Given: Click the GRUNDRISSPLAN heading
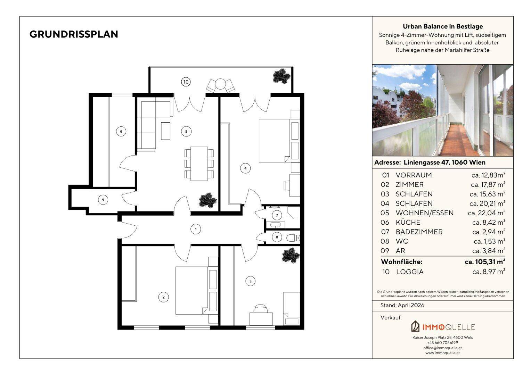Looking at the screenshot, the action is point(74,34).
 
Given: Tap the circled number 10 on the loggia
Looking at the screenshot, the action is point(186,82).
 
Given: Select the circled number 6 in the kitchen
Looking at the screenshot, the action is point(121,132).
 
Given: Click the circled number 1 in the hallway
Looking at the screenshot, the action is point(196,229).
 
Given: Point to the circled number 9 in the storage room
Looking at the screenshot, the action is point(103,200).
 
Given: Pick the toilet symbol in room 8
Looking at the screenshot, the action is point(293,237).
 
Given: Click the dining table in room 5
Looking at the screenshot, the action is point(199,164).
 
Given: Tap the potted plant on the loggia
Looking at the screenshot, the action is point(281,76).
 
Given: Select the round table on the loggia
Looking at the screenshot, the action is point(220,84).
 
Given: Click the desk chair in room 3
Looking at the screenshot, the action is point(261,309).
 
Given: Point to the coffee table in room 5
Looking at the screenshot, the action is point(166,131).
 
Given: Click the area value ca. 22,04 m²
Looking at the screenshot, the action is point(487,213).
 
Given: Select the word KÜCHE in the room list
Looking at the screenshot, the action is point(408,223).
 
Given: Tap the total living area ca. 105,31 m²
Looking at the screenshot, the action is point(485,262).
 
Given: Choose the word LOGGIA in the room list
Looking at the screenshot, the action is point(410,272).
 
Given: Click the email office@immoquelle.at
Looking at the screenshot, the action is point(443,348).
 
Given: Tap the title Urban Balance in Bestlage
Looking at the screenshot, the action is point(443,26).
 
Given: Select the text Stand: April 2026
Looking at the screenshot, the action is point(402,305).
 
